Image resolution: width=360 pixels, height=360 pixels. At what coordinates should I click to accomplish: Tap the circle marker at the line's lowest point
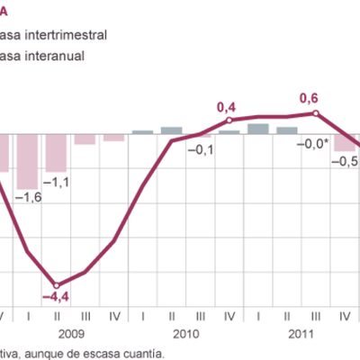57,283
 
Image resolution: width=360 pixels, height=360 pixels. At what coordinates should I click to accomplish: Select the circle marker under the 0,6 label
315,112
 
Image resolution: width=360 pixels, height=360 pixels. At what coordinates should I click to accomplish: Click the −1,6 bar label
29,197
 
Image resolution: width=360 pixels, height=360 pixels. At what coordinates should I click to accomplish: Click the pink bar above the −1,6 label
28,160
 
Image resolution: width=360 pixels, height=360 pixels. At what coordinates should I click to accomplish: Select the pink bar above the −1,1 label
57,152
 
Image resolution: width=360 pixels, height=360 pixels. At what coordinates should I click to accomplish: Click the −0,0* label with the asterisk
314,142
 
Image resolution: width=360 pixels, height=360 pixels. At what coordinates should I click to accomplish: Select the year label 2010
186,333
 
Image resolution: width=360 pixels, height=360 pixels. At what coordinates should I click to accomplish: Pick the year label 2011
301,333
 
